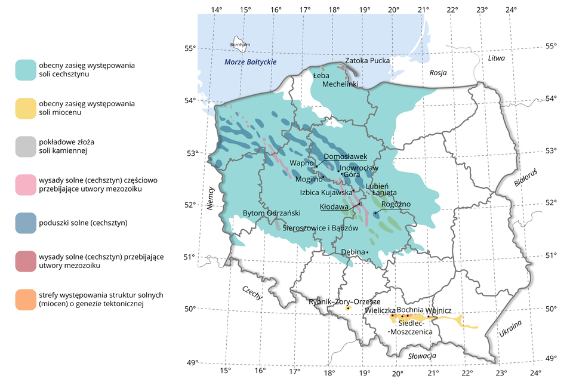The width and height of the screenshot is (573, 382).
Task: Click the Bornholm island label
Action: pos(240,45)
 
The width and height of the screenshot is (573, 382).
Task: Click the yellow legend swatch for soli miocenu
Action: pos(27,108)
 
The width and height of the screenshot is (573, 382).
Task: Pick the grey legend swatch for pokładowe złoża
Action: pos(27,146)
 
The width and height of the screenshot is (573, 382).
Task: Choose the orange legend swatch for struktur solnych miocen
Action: pos(27,299)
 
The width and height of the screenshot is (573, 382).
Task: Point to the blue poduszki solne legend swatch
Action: pos(27,223)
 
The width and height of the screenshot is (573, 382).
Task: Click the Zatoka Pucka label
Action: pos(368,60)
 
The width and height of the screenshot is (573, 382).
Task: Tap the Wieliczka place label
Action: pos(380,311)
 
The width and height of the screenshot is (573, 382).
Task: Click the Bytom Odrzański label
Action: pos(272,213)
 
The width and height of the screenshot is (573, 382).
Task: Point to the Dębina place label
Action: pos(352,252)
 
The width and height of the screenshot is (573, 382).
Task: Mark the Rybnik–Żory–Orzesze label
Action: pos(344,301)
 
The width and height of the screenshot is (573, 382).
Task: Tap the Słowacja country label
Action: pos(422,356)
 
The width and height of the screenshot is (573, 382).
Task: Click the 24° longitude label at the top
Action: pos(511,9)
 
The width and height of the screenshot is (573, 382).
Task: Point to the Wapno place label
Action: pos(301,162)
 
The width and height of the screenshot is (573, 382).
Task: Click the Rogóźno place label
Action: pos(396,204)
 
